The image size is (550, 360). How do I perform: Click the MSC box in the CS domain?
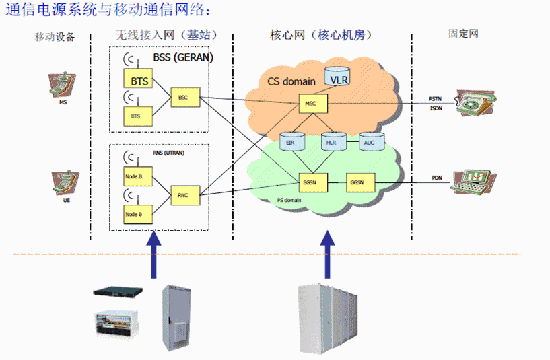(x=310, y=104)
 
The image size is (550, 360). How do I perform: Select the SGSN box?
(x=310, y=182)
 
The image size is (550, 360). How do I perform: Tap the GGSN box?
(x=356, y=182)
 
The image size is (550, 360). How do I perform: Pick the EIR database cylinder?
(x=291, y=142)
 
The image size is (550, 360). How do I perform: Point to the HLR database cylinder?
(x=331, y=142)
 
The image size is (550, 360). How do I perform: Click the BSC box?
(x=183, y=98)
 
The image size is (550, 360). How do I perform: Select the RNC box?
(x=183, y=194)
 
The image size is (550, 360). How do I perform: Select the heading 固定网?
(x=463, y=33)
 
